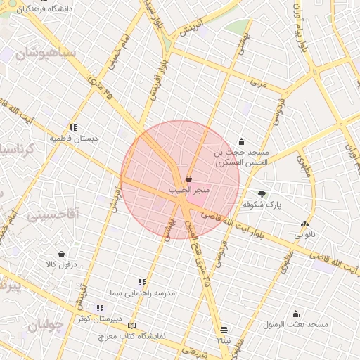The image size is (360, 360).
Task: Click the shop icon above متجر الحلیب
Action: pyautogui.click(x=188, y=179)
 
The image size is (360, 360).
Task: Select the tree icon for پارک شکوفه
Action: pyautogui.click(x=262, y=193)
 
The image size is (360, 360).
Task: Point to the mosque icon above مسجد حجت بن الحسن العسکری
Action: pyautogui.click(x=242, y=141)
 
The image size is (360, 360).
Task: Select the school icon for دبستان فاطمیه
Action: pyautogui.click(x=73, y=127)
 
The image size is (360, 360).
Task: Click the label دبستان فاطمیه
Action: pyautogui.click(x=73, y=139)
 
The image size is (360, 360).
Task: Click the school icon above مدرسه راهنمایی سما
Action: pyautogui.click(x=143, y=281)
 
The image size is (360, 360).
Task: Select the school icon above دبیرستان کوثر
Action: pyautogui.click(x=100, y=308)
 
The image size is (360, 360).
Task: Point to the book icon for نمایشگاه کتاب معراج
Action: pyautogui.click(x=133, y=326)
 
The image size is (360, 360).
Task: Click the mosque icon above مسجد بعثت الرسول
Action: pyautogui.click(x=295, y=314)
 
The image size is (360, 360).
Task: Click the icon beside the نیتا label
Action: pyautogui.click(x=224, y=329)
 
